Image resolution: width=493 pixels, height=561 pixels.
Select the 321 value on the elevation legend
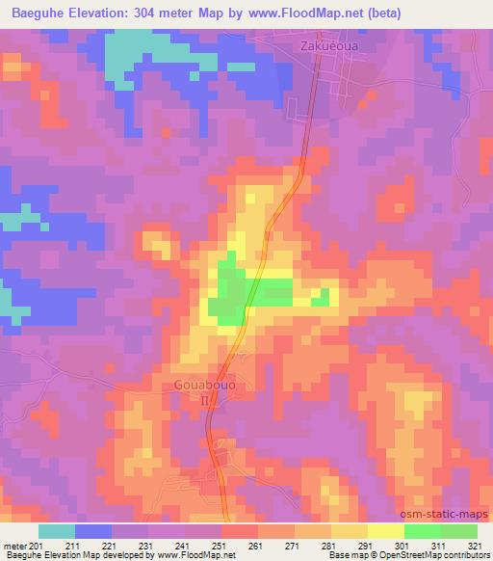click(x=477, y=545)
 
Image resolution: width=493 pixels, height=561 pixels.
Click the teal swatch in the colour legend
click(x=57, y=531)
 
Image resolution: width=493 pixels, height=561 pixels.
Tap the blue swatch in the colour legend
click(x=93, y=531)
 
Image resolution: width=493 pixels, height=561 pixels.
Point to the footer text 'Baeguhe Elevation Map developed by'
click(x=69, y=555)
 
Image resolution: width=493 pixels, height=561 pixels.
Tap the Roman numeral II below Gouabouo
click(x=204, y=399)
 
